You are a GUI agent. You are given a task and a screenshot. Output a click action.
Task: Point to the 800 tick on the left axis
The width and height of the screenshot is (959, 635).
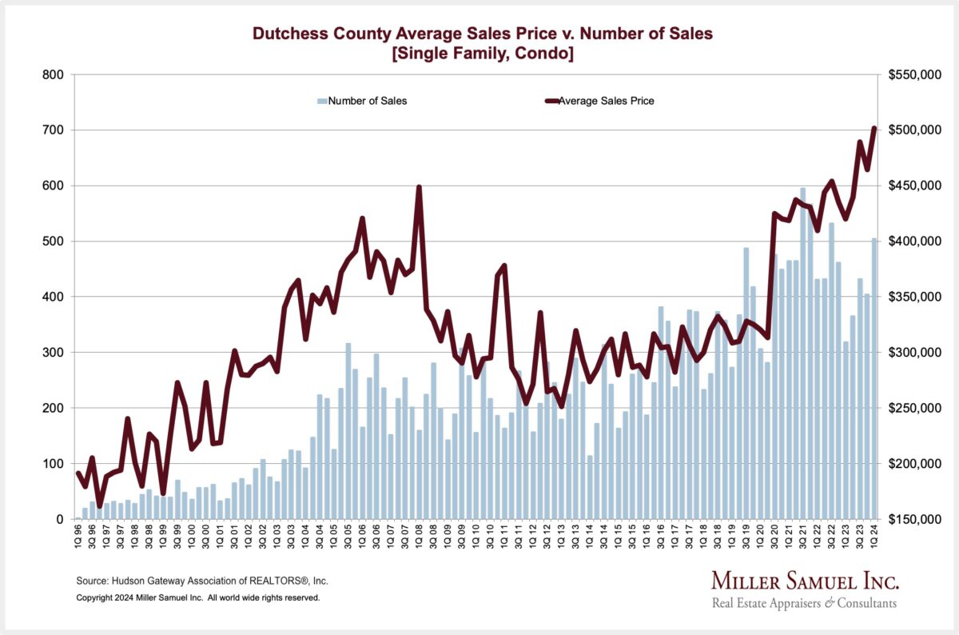[54, 75]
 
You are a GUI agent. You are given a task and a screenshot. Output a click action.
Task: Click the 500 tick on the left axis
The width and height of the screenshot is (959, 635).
[54, 242]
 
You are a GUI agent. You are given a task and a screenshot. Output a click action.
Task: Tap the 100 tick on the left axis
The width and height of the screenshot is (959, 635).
[54, 464]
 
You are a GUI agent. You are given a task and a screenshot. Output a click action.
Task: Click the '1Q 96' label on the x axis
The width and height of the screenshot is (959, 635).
[78, 540]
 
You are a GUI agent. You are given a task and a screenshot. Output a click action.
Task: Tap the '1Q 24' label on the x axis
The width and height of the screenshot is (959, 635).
[874, 540]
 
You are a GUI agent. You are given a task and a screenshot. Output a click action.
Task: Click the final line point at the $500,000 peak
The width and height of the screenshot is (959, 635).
[874, 128]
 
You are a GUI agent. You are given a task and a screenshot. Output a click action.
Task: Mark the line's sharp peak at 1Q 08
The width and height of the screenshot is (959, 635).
[419, 187]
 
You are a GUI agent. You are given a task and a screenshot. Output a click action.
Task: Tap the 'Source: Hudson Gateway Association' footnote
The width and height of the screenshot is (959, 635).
[202, 581]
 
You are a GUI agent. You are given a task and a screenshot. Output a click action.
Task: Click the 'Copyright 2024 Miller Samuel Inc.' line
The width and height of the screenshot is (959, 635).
[198, 597]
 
